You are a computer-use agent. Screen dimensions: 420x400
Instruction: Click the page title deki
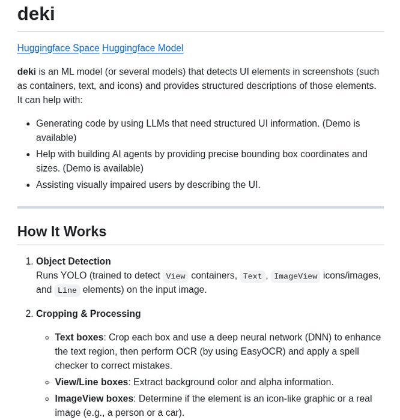click(36, 13)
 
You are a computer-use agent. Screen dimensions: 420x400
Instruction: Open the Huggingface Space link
click(58, 48)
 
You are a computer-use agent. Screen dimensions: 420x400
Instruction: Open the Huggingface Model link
click(142, 48)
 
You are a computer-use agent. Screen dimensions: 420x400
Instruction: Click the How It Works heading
click(62, 232)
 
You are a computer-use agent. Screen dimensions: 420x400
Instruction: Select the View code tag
click(175, 276)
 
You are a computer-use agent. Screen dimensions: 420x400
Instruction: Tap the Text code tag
click(252, 276)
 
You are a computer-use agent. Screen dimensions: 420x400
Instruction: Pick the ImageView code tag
click(295, 276)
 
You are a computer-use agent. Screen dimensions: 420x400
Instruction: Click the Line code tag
click(67, 290)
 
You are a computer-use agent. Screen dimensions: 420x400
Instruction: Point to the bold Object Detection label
click(73, 262)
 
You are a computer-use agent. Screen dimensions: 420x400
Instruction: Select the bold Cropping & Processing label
click(88, 314)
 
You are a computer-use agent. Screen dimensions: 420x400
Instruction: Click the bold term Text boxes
click(79, 337)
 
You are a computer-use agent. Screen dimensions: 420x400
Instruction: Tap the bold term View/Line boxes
click(91, 382)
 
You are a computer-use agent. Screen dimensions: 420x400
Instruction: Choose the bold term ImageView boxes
click(94, 398)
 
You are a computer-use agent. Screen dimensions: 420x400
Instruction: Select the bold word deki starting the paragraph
click(26, 71)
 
